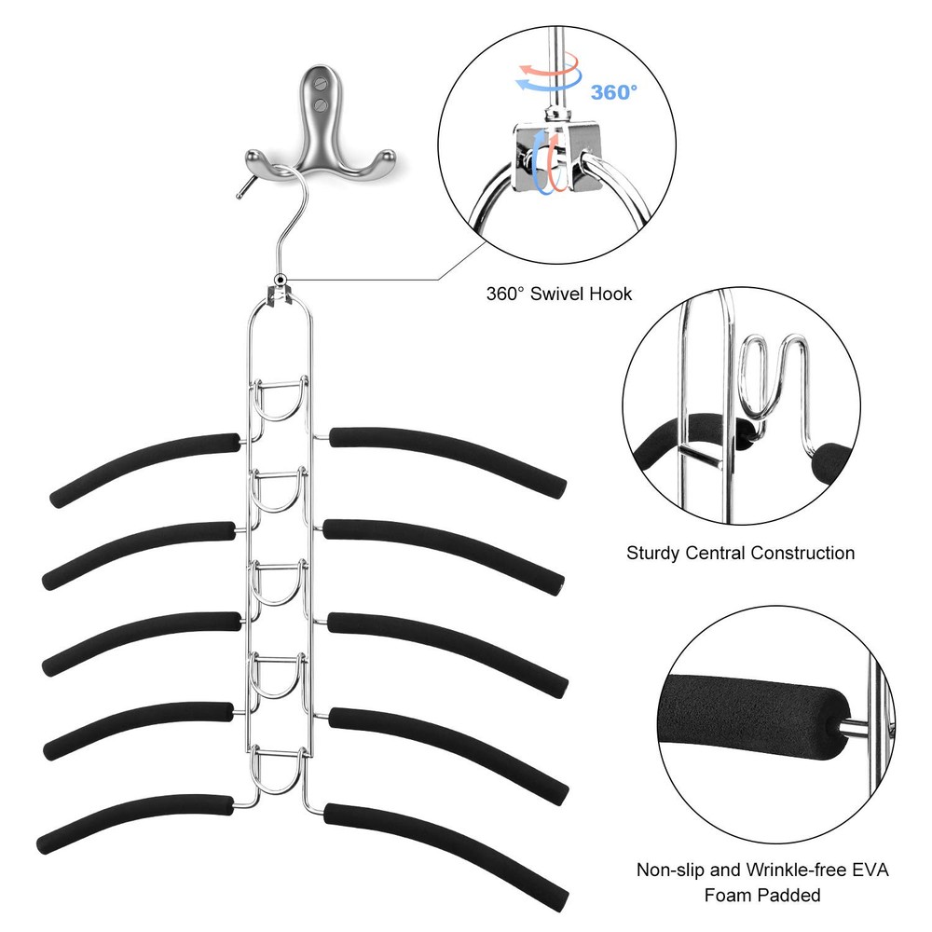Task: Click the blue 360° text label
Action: [x=613, y=92]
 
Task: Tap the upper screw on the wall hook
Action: [x=321, y=85]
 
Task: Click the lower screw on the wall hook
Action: [x=321, y=105]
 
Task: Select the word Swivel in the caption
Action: [x=557, y=294]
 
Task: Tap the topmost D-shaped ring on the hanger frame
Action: [x=279, y=399]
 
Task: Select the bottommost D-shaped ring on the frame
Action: [x=279, y=770]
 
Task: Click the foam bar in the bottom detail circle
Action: [x=754, y=717]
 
